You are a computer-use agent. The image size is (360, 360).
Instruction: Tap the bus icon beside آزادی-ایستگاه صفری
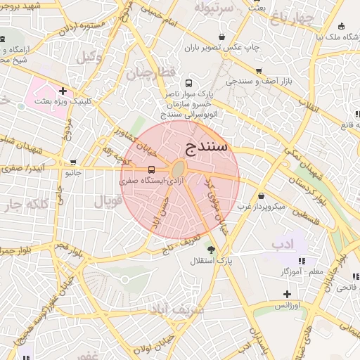151,169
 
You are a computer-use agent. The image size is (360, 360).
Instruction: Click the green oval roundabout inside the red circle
179,169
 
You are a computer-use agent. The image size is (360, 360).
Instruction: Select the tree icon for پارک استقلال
210,248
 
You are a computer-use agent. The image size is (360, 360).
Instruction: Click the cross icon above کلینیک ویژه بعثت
63,90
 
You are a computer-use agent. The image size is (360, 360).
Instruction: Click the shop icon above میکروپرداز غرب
262,195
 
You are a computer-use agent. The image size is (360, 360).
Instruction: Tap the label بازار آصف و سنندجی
259,82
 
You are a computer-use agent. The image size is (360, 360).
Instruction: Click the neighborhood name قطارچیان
149,72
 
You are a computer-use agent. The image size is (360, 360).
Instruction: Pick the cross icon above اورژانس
286,294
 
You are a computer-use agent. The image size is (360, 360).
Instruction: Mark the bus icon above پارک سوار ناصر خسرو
187,82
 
